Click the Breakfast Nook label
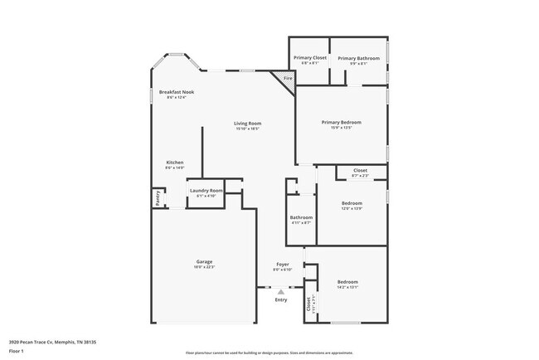coord(176,91)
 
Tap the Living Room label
coord(248,124)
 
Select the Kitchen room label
coord(174,162)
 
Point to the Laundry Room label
coord(206,191)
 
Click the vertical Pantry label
coord(157,198)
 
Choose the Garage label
coord(204,261)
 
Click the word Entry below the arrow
coord(281,299)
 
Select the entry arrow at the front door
coord(281,292)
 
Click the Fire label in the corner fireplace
coord(288,79)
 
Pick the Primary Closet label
coord(310,58)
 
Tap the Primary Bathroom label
coord(358,58)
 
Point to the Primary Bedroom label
coord(341,122)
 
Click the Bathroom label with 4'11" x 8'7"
coord(301,217)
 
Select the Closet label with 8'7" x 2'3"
coord(360,170)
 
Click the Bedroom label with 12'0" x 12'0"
coord(352,202)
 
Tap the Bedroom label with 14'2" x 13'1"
coord(347,282)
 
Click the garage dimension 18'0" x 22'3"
coord(204,267)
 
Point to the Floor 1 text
coord(17,350)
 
